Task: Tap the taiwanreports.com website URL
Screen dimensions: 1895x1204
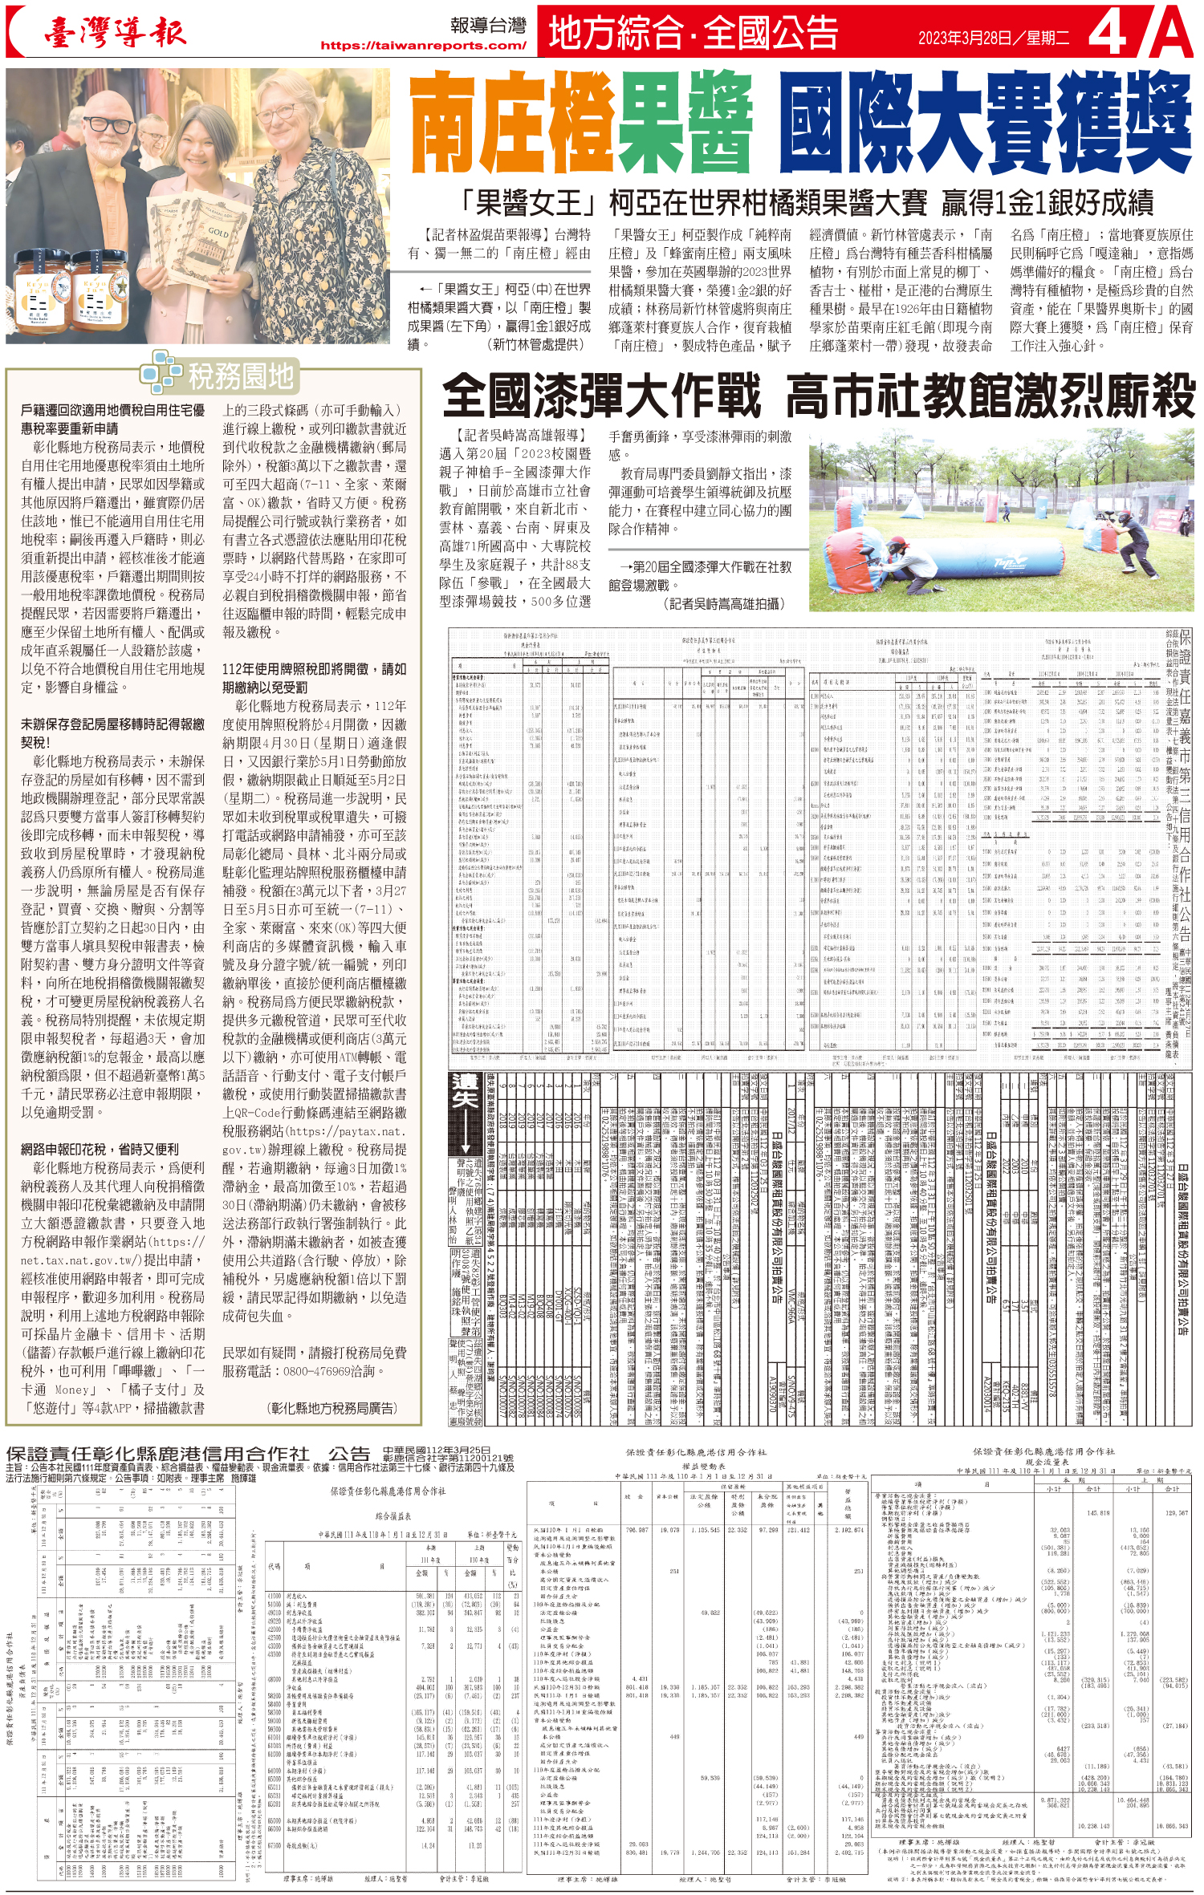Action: (423, 46)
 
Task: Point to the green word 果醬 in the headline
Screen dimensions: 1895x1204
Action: (687, 122)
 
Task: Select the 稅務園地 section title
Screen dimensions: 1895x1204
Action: (240, 375)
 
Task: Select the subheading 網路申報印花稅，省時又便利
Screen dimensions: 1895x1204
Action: (100, 1149)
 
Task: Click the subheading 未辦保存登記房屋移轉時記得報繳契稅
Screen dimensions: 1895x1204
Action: (112, 732)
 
